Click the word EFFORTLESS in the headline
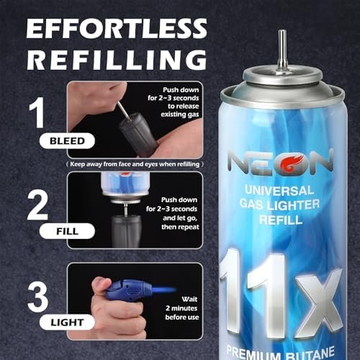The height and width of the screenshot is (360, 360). pyautogui.click(x=117, y=28)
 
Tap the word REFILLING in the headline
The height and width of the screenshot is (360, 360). pyautogui.click(x=117, y=60)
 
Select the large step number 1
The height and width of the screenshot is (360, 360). pyautogui.click(x=37, y=112)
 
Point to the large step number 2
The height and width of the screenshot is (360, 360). pyautogui.click(x=37, y=206)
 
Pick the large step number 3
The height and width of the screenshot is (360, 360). pyautogui.click(x=38, y=297)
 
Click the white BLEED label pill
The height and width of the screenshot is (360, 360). pyautogui.click(x=67, y=141)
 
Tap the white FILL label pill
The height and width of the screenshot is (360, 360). pyautogui.click(x=67, y=231)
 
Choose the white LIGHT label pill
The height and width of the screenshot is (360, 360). pyautogui.click(x=67, y=323)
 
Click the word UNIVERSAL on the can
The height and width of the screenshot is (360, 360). pyautogui.click(x=279, y=191)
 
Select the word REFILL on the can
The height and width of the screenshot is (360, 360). pyautogui.click(x=281, y=220)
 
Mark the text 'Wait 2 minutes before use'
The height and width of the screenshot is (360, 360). pyautogui.click(x=182, y=308)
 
